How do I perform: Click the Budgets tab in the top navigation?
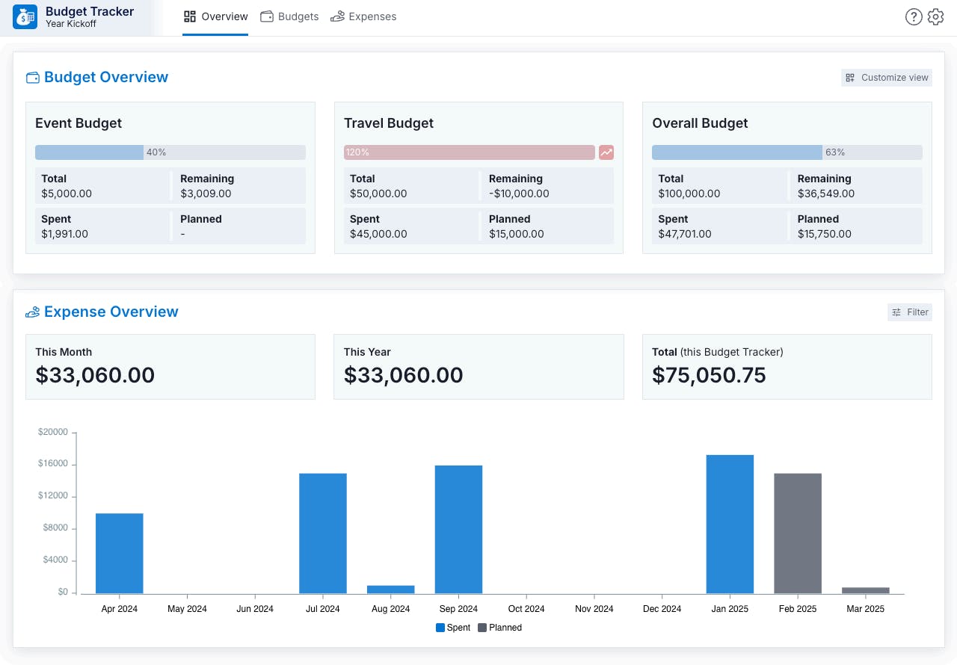tap(289, 16)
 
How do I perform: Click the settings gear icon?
tap(935, 17)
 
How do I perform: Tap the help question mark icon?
tap(913, 17)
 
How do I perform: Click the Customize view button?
tap(887, 78)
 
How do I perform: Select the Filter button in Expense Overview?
tap(910, 312)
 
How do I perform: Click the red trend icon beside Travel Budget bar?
tap(606, 152)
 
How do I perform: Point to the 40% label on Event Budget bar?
tap(156, 152)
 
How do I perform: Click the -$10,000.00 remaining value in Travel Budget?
tap(519, 194)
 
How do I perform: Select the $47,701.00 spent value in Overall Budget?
tap(685, 234)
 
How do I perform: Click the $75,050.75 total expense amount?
tap(709, 375)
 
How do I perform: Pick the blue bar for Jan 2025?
tap(730, 524)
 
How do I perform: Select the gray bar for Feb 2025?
tap(798, 533)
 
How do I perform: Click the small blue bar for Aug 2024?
tap(390, 590)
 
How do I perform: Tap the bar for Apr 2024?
tap(120, 553)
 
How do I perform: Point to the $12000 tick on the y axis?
tap(53, 496)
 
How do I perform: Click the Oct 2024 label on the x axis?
tap(526, 609)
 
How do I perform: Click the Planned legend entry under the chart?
tap(500, 628)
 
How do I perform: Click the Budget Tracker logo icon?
tap(25, 16)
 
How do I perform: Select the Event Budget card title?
tap(79, 123)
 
